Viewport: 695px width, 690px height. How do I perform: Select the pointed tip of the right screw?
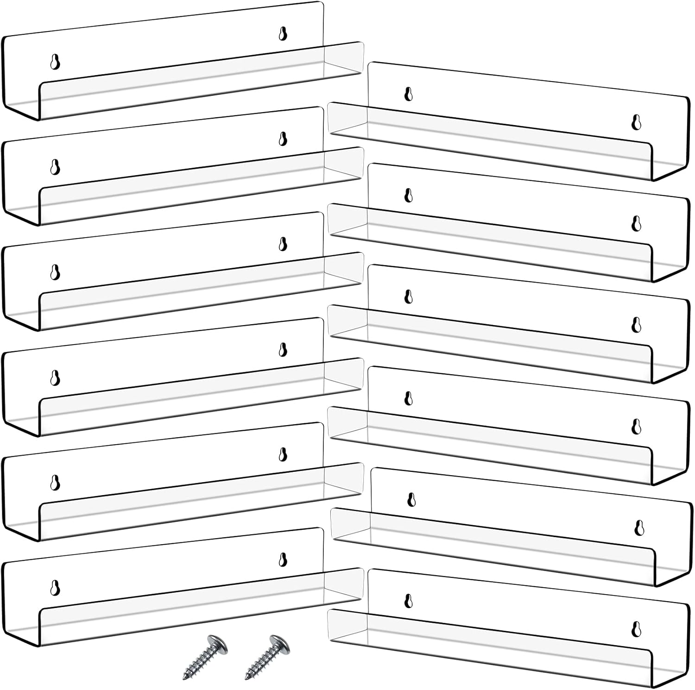click(x=247, y=678)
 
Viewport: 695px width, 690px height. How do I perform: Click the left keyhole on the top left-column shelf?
click(x=55, y=62)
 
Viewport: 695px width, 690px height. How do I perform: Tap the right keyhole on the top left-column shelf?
click(x=283, y=34)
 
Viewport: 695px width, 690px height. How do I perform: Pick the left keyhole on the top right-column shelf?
click(x=408, y=94)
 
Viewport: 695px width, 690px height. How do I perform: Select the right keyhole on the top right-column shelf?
click(x=636, y=122)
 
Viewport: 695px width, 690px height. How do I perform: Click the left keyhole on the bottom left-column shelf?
click(x=55, y=587)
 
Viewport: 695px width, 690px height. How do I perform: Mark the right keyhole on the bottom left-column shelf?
click(x=283, y=559)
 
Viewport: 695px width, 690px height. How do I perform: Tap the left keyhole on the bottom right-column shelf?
click(x=408, y=600)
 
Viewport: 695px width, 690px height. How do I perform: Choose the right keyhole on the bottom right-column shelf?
click(x=636, y=628)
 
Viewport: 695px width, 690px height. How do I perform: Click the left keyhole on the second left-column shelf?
click(x=55, y=167)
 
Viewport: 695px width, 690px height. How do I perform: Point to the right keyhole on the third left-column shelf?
click(x=283, y=244)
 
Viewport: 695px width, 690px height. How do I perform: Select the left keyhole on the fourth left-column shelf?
click(x=55, y=377)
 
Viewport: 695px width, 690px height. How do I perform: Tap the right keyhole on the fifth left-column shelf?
click(x=283, y=455)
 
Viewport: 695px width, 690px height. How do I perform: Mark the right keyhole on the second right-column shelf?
click(x=636, y=224)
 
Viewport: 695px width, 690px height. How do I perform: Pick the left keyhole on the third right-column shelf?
click(x=408, y=296)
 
